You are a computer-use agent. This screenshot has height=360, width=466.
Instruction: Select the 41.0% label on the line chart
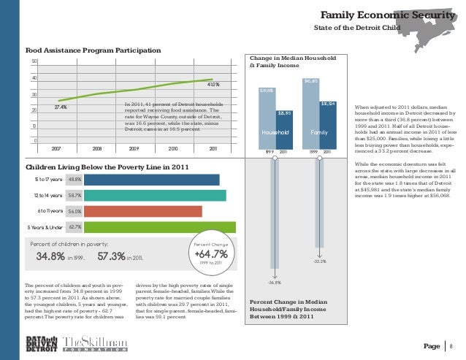click(214, 84)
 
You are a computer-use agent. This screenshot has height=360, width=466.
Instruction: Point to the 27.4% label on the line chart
click(61, 107)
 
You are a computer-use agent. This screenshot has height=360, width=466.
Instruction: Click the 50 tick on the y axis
click(34, 61)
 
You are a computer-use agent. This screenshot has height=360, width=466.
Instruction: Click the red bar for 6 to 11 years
click(143, 211)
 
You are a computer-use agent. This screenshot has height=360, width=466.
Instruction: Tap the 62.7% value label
click(75, 227)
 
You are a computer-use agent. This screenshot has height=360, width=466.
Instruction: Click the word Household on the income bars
click(276, 132)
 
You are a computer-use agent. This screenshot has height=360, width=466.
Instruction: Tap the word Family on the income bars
click(318, 132)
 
